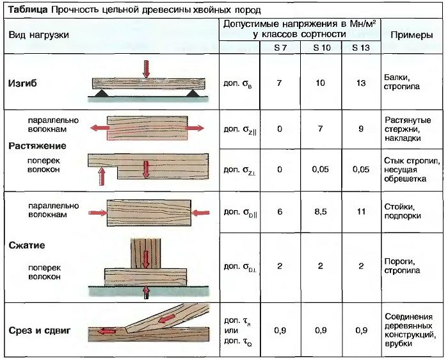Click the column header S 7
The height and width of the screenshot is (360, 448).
coord(279,48)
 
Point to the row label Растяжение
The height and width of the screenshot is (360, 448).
coord(37,145)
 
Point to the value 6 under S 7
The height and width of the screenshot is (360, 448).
coord(279,212)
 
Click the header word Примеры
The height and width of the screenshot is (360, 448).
coord(412,35)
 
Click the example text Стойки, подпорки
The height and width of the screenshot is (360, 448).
coord(403,212)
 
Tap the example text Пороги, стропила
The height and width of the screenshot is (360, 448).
coord(403,265)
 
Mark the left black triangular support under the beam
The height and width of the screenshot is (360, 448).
coord(99,94)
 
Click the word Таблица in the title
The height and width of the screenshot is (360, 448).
coord(26,10)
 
